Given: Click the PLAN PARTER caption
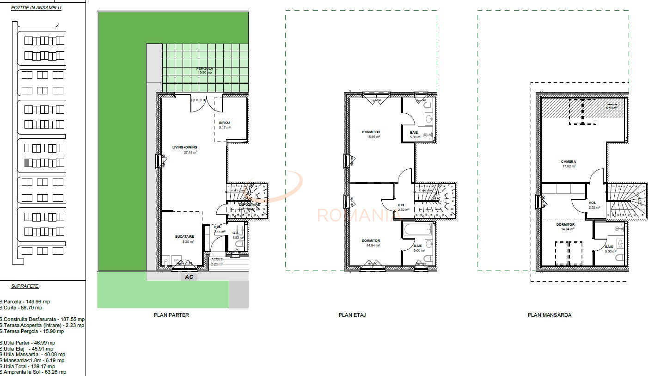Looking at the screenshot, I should tap(171, 315).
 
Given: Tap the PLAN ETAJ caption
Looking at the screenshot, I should tap(352, 315).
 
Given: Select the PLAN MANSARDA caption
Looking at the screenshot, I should tap(550, 315).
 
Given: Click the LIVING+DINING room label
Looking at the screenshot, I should tap(184, 148).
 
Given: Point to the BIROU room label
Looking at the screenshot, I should tap(225, 123).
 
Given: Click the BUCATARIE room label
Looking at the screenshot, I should tap(184, 237).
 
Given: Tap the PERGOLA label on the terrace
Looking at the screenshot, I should tap(205, 69).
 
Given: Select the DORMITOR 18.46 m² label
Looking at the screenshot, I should tap(371, 132).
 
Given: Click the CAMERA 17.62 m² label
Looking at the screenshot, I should tap(569, 162).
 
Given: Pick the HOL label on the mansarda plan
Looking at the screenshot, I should tap(592, 203).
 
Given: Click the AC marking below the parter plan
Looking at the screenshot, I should tap(189, 277).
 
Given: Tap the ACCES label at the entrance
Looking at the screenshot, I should tap(217, 259).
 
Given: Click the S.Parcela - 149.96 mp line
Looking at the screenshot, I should tap(25, 302).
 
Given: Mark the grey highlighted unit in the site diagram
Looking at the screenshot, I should tap(27, 163).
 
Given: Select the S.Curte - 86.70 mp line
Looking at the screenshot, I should tap(21, 308).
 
